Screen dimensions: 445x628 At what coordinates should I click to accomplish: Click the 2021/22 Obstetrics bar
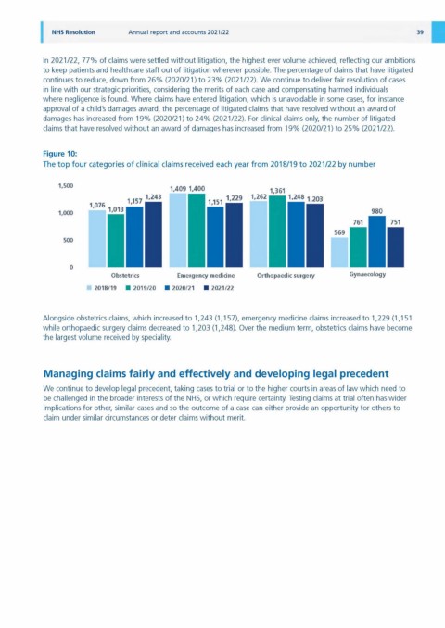(153, 234)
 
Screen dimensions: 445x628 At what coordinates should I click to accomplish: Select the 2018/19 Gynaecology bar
(339, 252)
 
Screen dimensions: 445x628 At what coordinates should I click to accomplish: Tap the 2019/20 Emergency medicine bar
(197, 231)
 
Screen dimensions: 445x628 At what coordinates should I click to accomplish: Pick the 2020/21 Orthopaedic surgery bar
(296, 234)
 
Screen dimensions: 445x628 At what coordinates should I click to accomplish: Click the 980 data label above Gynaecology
(376, 211)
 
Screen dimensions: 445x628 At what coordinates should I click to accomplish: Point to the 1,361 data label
(277, 191)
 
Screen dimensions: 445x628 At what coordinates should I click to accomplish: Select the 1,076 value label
(97, 205)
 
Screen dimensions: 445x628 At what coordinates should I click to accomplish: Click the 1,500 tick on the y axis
(66, 186)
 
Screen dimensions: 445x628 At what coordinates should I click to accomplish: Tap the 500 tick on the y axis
(69, 240)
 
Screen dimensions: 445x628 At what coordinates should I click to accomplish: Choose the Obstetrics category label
(125, 275)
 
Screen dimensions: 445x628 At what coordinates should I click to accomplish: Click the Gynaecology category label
(368, 275)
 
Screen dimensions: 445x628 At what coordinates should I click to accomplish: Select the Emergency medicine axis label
(206, 276)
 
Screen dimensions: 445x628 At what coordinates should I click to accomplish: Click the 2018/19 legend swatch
(89, 288)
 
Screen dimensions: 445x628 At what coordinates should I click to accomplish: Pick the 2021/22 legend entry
(219, 288)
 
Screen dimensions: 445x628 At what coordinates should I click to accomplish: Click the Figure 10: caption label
(60, 154)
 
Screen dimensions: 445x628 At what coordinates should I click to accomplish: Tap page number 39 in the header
(420, 32)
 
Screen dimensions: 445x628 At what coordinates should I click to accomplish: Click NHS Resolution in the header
(73, 32)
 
